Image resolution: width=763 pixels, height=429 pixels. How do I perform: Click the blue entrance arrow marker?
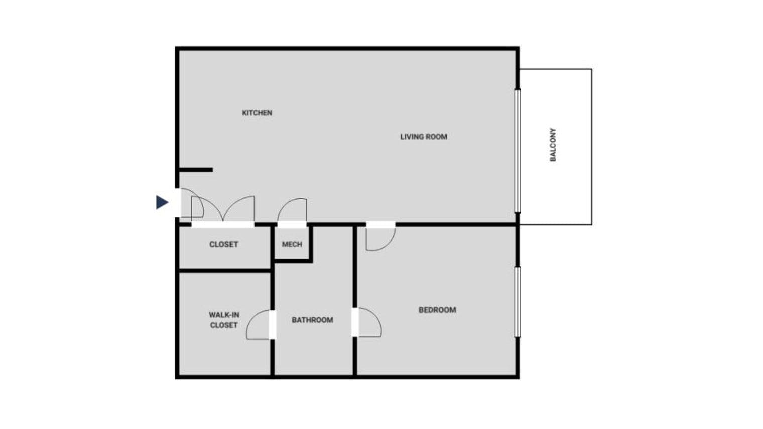click(162, 202)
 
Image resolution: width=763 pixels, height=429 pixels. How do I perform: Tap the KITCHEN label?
click(257, 113)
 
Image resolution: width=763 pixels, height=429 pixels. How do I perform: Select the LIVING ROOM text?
click(423, 137)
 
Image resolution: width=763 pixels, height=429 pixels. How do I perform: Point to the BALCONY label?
click(553, 145)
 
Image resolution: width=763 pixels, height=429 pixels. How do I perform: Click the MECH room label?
click(292, 244)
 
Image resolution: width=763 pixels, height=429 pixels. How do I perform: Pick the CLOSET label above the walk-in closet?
click(223, 244)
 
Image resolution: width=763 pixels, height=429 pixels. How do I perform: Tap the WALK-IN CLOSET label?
click(224, 320)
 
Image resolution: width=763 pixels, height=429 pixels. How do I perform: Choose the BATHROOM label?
click(312, 320)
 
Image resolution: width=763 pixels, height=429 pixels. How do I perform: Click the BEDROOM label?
click(437, 310)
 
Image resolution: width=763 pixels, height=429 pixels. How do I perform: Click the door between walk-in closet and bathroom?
click(260, 325)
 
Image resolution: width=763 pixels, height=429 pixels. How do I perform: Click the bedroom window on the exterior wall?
click(517, 302)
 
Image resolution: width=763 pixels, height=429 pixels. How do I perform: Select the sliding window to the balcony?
click(517, 151)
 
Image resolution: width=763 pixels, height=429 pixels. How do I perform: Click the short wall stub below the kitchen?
click(196, 170)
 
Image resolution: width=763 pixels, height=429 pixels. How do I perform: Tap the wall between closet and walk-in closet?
click(225, 271)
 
